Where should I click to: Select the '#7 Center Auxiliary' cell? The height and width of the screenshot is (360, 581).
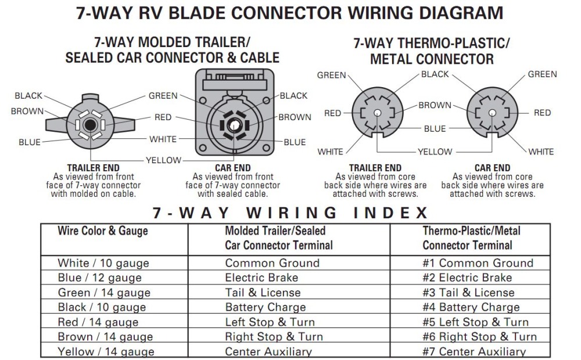pos(474,351)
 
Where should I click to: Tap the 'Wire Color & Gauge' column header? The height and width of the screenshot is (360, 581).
pos(102,231)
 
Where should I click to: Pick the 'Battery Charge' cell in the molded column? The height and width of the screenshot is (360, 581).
pos(265,307)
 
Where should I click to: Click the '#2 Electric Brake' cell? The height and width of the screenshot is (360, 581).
pos(467,278)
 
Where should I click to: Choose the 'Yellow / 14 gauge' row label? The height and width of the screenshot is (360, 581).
pos(106,351)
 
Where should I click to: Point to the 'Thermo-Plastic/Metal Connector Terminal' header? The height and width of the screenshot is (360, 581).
pos(471,237)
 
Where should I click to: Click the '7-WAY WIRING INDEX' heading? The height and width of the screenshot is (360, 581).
pos(290,212)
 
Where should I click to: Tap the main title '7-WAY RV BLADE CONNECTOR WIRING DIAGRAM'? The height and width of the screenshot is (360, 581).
pos(290,13)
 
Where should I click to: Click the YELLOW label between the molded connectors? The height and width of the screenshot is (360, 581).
pos(163,160)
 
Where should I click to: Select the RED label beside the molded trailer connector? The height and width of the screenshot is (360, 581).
pos(163,117)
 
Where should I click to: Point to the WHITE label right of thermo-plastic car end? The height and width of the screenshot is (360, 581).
pos(541,152)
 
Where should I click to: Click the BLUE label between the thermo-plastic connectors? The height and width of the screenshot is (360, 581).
pos(435,129)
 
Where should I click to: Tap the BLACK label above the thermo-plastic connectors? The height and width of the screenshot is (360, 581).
pos(435,74)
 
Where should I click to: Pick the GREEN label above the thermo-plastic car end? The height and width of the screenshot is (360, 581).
pos(542,74)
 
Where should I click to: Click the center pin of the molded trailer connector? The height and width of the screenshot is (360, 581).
pos(89,124)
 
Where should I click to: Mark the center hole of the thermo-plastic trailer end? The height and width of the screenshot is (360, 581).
pos(377,113)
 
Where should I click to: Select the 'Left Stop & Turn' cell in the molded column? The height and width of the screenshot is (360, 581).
pos(270,322)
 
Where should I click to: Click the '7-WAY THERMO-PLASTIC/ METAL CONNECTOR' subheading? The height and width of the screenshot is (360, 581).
pos(432,51)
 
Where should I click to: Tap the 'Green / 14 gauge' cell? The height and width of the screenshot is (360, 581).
pos(104,293)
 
